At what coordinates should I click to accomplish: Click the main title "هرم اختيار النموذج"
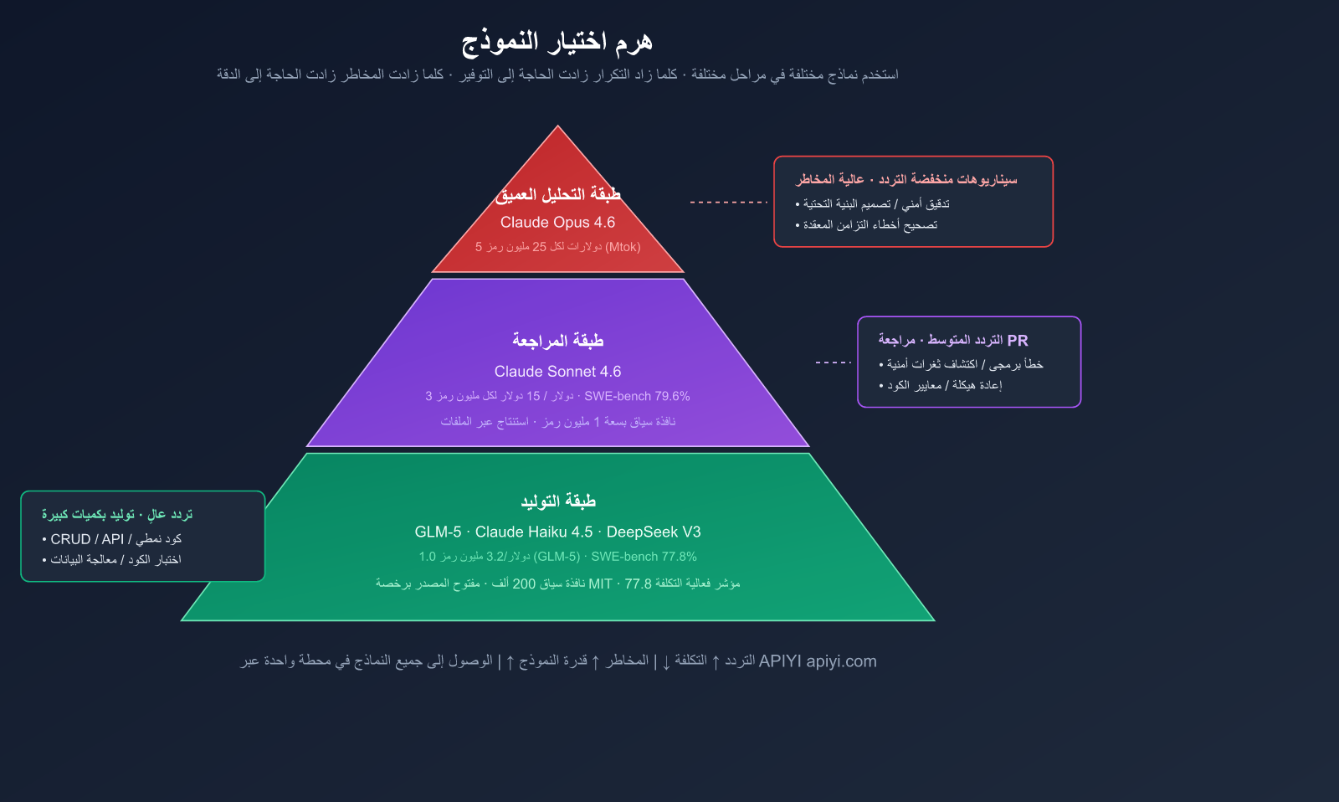[557, 41]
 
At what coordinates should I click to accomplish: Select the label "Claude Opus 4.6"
[557, 223]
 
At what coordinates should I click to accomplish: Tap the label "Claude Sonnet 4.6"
[557, 372]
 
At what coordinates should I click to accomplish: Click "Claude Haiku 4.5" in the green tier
[534, 532]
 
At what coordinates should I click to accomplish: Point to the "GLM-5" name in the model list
[439, 532]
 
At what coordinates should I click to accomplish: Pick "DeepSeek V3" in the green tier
[654, 532]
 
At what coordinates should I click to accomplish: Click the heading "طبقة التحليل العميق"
[557, 194]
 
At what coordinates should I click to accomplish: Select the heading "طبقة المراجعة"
[557, 340]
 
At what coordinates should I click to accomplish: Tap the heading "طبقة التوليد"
[557, 501]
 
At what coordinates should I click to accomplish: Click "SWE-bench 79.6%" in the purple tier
[637, 396]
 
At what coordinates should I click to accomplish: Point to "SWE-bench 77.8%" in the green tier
[644, 557]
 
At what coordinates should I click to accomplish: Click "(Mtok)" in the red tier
[623, 247]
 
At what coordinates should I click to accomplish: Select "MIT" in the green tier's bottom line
[600, 584]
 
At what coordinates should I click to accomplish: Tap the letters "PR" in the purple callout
[1018, 340]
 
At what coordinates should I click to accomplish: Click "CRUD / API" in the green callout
[87, 539]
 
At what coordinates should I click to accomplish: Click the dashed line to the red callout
[729, 202]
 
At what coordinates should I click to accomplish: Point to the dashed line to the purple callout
[834, 362]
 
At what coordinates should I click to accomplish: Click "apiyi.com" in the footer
[842, 661]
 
